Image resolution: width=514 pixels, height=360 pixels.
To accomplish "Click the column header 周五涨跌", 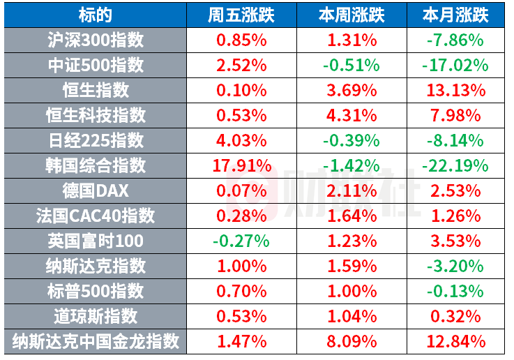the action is point(241,15).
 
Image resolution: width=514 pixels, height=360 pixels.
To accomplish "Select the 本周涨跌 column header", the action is point(352,15).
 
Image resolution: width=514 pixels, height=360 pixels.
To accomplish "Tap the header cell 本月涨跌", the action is point(455,15).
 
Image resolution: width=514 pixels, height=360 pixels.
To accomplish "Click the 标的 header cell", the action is point(96,15).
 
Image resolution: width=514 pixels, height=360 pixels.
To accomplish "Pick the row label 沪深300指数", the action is point(96,40).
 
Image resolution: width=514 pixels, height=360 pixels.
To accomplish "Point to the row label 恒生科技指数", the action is point(96,115).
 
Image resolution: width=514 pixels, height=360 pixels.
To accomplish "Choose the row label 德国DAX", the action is point(96,191).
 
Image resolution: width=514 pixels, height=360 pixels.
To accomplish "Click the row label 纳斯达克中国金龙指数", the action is point(96,341).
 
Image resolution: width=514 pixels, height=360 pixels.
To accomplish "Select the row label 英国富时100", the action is point(96,241).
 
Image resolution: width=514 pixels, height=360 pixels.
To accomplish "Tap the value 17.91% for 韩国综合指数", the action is point(242,165).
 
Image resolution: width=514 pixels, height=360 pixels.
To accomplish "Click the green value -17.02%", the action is point(455,66).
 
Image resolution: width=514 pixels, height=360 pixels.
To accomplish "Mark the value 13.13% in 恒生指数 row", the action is point(455,91).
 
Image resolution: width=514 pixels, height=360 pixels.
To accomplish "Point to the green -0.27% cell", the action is point(241,241).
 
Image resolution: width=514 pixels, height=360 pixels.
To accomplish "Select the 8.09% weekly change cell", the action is point(352,342).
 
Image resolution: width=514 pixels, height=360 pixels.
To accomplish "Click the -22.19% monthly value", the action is point(455,165).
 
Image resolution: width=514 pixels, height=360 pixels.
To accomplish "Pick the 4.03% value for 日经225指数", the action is point(241,141).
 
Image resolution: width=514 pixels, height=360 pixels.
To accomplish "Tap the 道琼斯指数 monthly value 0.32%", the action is point(455,316).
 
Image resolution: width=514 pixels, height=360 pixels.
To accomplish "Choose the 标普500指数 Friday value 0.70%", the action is point(241,291).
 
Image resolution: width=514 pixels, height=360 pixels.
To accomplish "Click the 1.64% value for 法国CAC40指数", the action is point(352,216).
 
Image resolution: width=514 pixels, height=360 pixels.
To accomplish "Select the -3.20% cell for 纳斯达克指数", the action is point(455,267).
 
